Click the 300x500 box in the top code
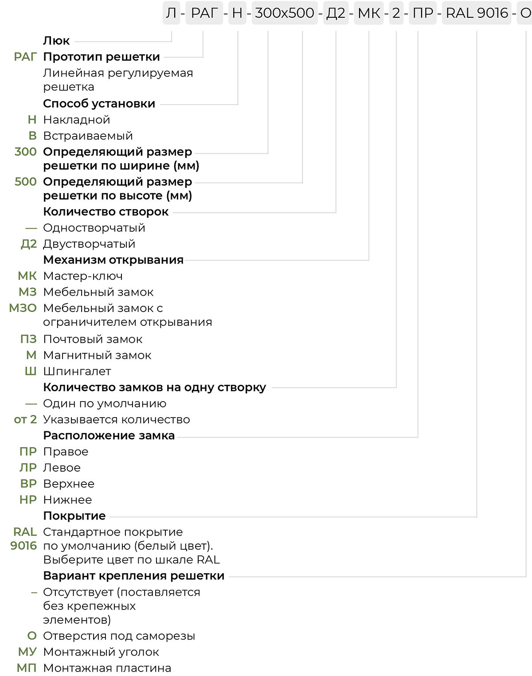pos(284,13)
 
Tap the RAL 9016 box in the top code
pos(477,13)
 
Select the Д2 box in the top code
pos(336,13)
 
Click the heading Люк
pos(56,40)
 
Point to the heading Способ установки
pos(99,103)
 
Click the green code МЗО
pos(23,308)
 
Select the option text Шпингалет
pos(77,371)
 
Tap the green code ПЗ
pos(28,339)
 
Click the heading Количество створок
pos(106,212)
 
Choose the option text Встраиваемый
pos(88,136)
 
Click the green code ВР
pos(28,484)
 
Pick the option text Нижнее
pos(67,500)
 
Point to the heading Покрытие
pos(74,516)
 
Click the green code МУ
pos(27,652)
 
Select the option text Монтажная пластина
pos(107,668)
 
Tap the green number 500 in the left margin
pos(26,182)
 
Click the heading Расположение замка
pos(109,435)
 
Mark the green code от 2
pos(25,419)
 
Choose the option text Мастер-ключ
pos(82,276)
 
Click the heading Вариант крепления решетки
pos(133,576)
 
